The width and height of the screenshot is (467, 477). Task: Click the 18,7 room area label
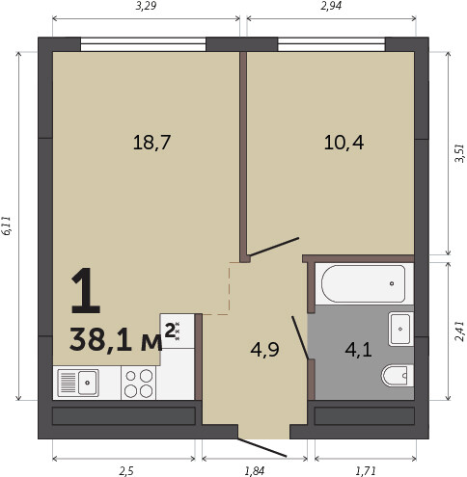click(x=151, y=143)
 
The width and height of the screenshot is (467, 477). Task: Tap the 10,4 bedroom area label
click(x=343, y=143)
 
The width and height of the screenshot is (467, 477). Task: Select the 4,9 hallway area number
click(x=264, y=350)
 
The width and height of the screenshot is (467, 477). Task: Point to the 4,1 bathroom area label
click(x=358, y=350)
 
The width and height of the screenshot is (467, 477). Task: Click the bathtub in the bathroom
click(x=364, y=283)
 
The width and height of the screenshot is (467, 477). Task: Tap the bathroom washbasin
click(x=400, y=329)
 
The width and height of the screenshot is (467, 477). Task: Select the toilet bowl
click(x=398, y=376)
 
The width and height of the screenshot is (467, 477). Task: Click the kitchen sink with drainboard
click(x=78, y=383)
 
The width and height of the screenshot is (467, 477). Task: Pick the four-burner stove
click(x=139, y=384)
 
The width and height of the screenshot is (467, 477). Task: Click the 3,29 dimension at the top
click(x=146, y=6)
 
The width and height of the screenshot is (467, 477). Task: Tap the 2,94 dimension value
click(x=331, y=6)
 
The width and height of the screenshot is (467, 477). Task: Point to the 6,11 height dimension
click(x=7, y=226)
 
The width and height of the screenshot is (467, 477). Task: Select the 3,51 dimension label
click(x=460, y=153)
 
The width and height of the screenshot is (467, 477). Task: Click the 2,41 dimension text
click(x=460, y=331)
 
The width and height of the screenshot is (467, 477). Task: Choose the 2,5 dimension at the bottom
click(x=126, y=471)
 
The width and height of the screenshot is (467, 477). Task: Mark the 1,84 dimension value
click(x=255, y=471)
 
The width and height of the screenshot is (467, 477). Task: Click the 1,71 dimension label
click(x=366, y=471)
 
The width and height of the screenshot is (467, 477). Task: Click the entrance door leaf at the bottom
click(x=262, y=447)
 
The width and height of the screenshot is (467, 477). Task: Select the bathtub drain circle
click(x=392, y=283)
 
